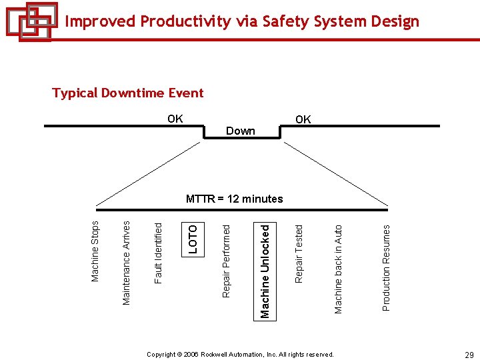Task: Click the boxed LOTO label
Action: pyautogui.click(x=193, y=238)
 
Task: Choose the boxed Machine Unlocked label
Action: pyautogui.click(x=265, y=271)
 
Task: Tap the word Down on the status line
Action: pyautogui.click(x=241, y=131)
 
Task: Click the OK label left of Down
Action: pyautogui.click(x=175, y=119)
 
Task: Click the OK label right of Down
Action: pyautogui.click(x=303, y=120)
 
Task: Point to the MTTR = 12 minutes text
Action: pyautogui.click(x=234, y=199)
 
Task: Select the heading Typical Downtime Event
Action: pyautogui.click(x=128, y=93)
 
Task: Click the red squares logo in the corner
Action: pyautogui.click(x=31, y=21)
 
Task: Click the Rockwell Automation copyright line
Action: pyautogui.click(x=240, y=355)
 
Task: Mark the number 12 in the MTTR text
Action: pyautogui.click(x=233, y=199)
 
